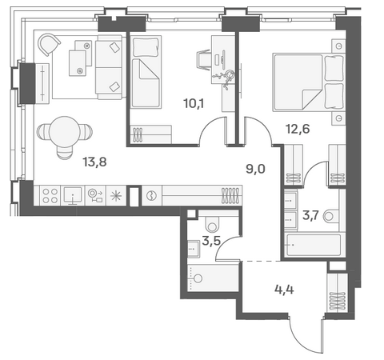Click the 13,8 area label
coord(94,162)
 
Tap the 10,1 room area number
coord(194,103)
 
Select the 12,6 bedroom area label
coord(298,129)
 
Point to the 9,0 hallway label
coord(255,169)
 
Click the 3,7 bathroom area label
coord(310,215)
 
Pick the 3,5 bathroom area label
coord(211,241)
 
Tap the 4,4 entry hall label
coord(284,290)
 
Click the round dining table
coord(65,131)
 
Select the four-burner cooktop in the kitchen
coord(50,196)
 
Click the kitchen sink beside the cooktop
coord(73,195)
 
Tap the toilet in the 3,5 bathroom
coord(212,223)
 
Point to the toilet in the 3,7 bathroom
coord(330,216)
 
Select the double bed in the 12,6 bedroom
coord(308,82)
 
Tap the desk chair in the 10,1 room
coord(203,60)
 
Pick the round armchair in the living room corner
coord(49,44)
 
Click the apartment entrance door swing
coord(306,334)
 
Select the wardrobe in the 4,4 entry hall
coord(338,292)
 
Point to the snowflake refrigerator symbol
coord(116,196)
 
